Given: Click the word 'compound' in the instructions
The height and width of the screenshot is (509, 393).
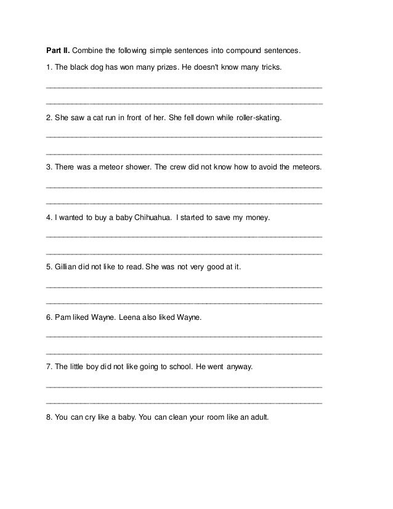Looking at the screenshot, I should pos(235,49).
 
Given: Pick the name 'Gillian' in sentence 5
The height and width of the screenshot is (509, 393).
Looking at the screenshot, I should pos(66,268).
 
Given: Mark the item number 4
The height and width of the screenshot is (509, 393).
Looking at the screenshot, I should pos(49,218).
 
